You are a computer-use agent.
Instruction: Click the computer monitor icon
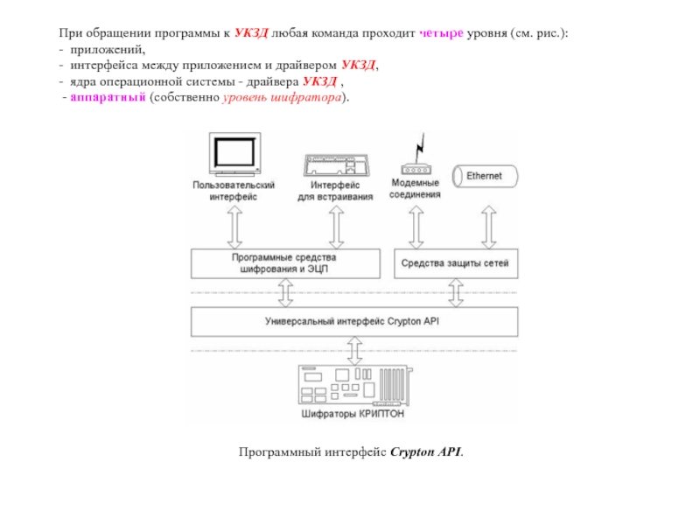point(234,154)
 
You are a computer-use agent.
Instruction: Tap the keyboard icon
point(336,165)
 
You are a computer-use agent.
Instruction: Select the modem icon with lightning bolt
point(416,154)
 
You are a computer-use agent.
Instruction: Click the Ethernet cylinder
point(485,177)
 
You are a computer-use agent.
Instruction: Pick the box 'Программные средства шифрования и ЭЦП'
point(286,264)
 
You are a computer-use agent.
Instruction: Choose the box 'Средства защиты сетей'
point(456,264)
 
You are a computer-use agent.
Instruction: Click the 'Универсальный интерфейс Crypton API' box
point(354,321)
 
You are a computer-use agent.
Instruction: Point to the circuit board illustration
point(355,385)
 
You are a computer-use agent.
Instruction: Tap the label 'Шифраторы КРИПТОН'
point(353,414)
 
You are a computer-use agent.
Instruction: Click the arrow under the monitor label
point(234,227)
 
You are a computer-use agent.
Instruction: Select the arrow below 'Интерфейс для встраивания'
point(336,227)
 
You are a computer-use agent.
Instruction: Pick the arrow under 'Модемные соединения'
point(416,227)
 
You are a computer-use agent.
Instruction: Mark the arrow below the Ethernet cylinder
point(489,227)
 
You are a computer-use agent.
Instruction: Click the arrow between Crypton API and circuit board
point(355,351)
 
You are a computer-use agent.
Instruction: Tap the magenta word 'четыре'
point(441,33)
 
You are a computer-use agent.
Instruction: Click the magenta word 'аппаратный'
point(108,97)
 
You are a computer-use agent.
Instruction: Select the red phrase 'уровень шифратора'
point(282,97)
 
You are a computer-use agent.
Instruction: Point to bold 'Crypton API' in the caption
point(425,451)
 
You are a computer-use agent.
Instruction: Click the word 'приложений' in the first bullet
point(107,50)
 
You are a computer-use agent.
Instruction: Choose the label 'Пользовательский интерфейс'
point(234,191)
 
